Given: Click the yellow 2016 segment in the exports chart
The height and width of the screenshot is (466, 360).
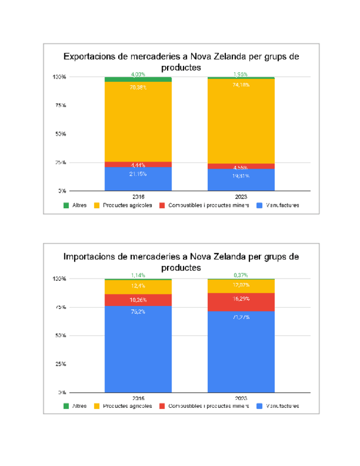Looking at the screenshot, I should point(138,121).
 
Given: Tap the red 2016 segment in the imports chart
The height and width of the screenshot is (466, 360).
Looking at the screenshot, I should point(138,300).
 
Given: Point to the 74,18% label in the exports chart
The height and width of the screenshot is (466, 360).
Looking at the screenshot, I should point(241,85).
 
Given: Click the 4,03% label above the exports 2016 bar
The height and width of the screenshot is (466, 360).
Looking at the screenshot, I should point(138,74).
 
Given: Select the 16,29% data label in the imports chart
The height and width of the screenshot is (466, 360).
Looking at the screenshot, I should point(241,299).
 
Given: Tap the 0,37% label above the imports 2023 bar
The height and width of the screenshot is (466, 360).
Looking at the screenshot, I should point(241,275).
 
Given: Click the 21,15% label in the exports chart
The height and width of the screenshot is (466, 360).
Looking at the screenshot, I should point(138,174).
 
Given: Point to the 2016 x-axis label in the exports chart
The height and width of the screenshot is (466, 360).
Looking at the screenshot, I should point(138,196).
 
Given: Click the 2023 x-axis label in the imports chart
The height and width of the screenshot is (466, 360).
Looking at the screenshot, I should point(241,397).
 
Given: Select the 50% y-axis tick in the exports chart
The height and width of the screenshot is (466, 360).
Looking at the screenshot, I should point(60,134).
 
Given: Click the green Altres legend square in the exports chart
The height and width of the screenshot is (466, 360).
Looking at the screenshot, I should point(67,206).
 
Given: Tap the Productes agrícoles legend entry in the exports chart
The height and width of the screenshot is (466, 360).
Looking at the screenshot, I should point(127,206).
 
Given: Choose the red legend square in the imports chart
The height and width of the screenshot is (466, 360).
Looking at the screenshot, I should point(162,407).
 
